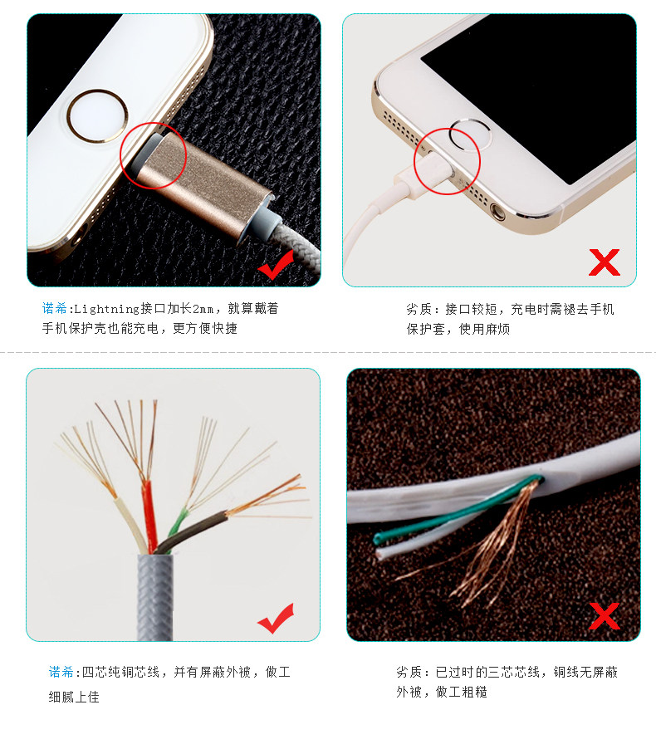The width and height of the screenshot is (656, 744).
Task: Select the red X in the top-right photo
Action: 604,262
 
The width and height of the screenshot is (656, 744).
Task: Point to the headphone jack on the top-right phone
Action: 498,210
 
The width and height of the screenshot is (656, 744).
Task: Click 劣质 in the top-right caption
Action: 418,310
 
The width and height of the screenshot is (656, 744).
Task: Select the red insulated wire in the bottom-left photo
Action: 147,515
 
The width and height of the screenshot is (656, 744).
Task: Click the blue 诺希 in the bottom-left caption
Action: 61,672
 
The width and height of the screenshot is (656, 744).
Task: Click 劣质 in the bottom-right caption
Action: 409,672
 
